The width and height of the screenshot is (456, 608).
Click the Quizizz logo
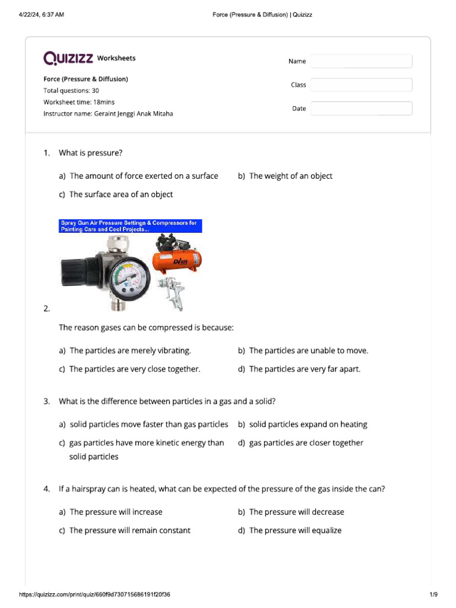pos(68,58)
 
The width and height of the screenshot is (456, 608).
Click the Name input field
pos(361,61)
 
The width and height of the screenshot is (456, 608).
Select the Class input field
pos(361,85)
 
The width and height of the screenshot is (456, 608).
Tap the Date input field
pos(361,109)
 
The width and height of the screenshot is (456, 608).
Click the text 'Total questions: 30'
pos(71,91)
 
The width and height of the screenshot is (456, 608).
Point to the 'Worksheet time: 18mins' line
pos(79,102)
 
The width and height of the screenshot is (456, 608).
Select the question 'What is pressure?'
pos(90,153)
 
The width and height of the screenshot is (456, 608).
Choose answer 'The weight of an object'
pos(290,176)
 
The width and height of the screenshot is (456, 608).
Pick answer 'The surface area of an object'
pos(121,194)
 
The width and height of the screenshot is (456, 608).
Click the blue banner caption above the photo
pos(131,226)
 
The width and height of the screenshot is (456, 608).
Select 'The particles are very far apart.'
pos(305,369)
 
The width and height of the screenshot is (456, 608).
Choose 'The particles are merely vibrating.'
pos(130,351)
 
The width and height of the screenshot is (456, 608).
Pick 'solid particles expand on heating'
pos(308,425)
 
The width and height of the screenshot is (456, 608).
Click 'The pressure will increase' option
pos(116,512)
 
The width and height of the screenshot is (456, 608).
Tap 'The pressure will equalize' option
pos(295,530)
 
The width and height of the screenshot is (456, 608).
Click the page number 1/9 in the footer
pos(433,595)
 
